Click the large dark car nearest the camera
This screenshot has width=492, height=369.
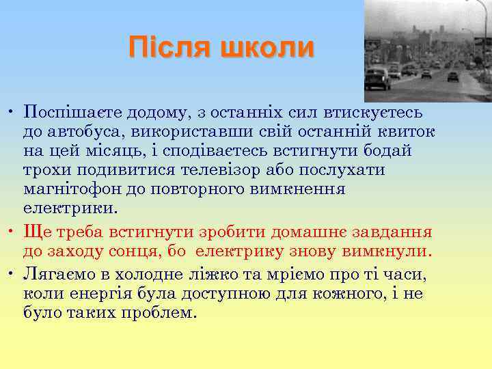coord(377,79)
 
